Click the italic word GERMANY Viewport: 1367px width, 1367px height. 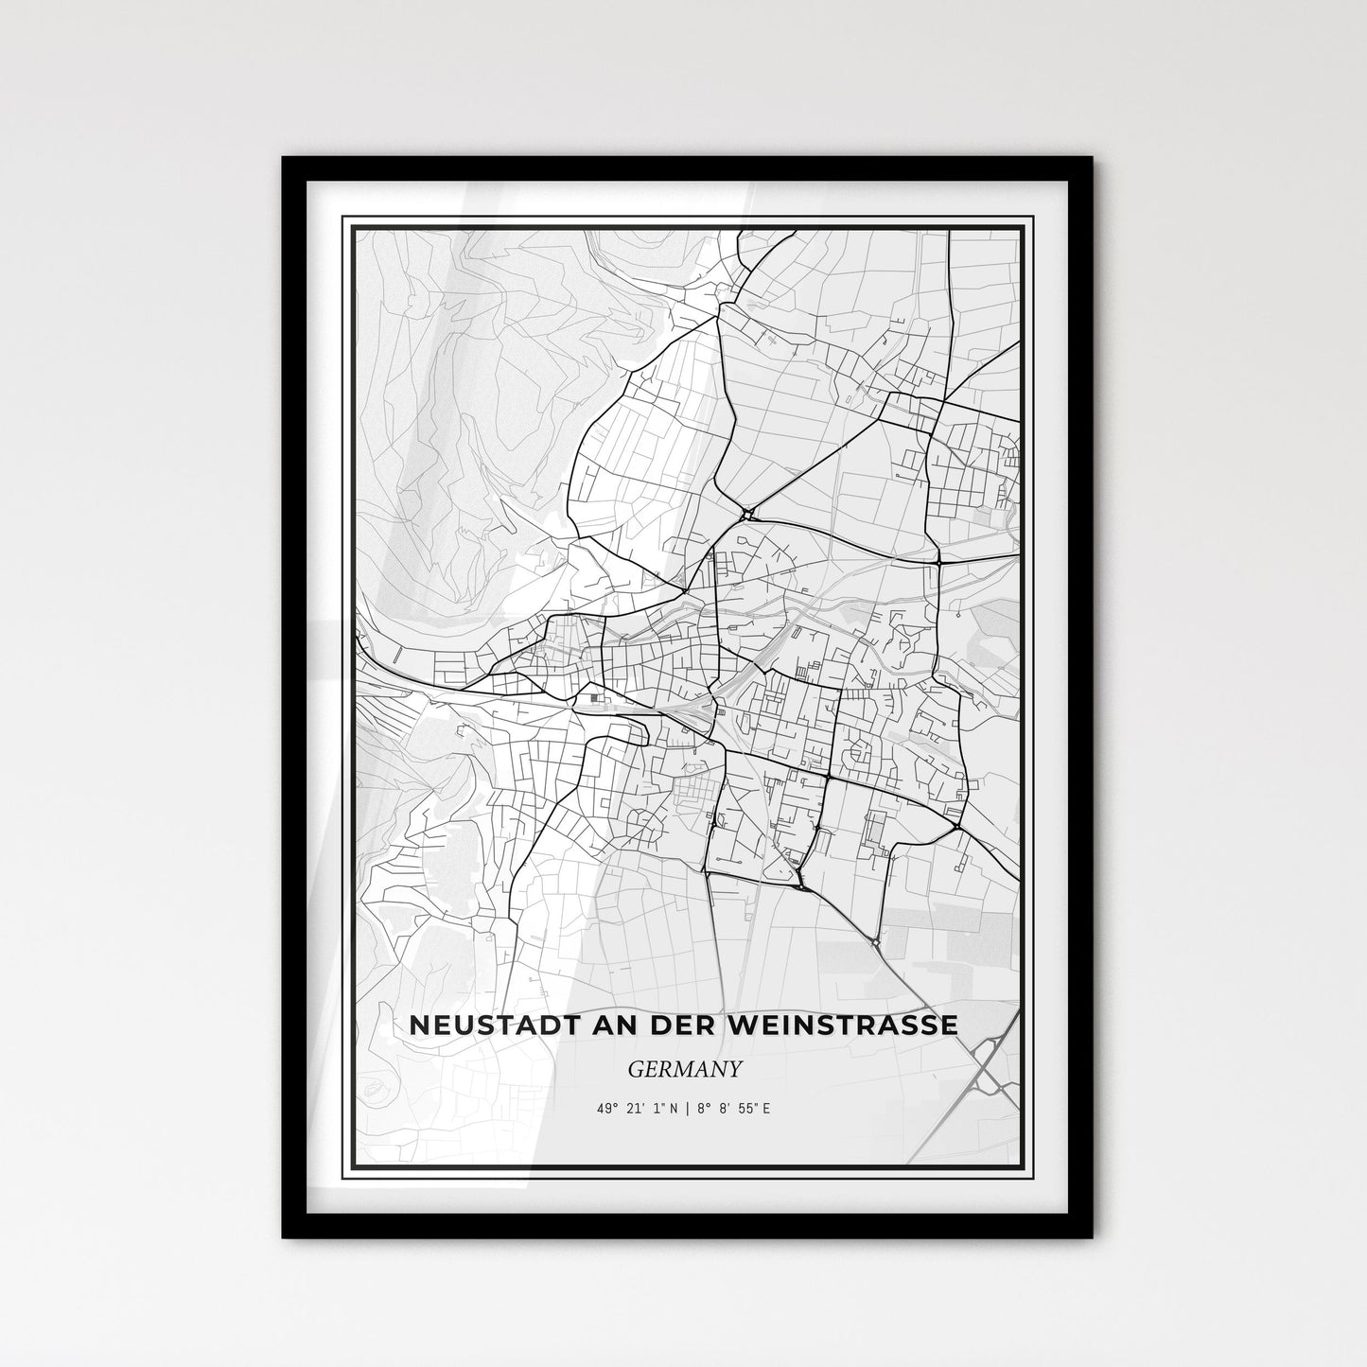pyautogui.click(x=683, y=1068)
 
